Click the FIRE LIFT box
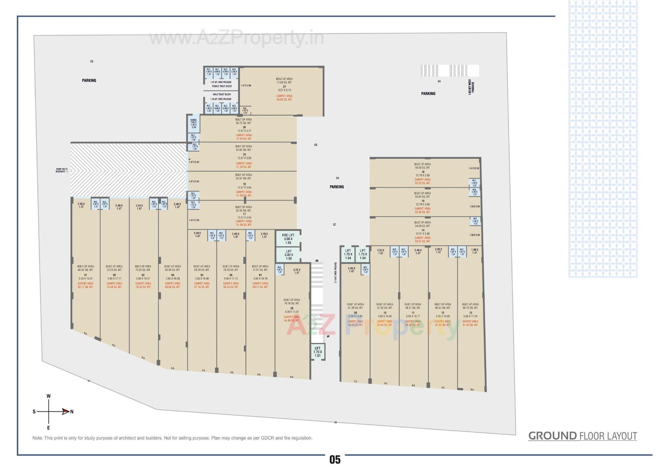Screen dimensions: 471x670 288,239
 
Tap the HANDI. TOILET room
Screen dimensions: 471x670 194,124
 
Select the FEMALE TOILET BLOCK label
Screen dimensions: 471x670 222,86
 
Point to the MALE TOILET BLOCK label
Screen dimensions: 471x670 222,95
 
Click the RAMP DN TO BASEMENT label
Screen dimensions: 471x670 62,170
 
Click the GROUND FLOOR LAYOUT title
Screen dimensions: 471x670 582,436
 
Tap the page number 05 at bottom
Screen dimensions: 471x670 335,460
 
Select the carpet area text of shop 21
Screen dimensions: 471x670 284,98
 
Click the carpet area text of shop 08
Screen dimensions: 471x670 292,319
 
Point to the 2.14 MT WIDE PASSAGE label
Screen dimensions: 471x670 336,272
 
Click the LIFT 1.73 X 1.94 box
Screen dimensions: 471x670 363,254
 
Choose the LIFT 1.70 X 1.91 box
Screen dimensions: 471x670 318,352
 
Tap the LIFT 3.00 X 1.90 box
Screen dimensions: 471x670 289,255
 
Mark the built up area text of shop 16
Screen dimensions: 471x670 422,166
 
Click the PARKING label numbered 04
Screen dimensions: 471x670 428,94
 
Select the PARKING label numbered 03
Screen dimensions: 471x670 89,80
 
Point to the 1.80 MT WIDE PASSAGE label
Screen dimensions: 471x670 471,87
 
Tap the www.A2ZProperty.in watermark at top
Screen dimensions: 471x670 237,38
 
